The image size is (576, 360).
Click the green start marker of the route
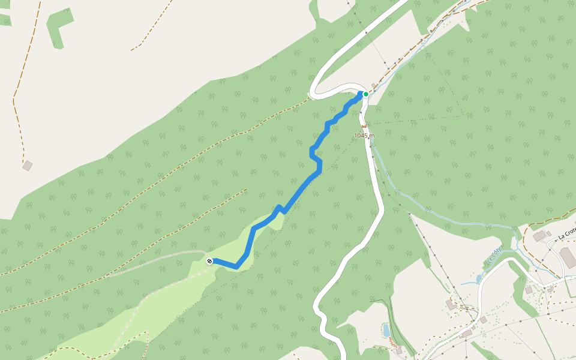[365, 94]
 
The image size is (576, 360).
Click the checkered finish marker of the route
[209, 261]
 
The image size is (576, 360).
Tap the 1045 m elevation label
[364, 136]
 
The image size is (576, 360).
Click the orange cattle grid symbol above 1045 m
[364, 126]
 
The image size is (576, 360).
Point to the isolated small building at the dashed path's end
[27, 166]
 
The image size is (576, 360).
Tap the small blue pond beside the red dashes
[386, 329]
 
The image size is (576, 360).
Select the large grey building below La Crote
[567, 257]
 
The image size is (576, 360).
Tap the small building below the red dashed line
[399, 350]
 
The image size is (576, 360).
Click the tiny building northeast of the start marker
[374, 85]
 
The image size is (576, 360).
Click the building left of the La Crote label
[539, 236]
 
